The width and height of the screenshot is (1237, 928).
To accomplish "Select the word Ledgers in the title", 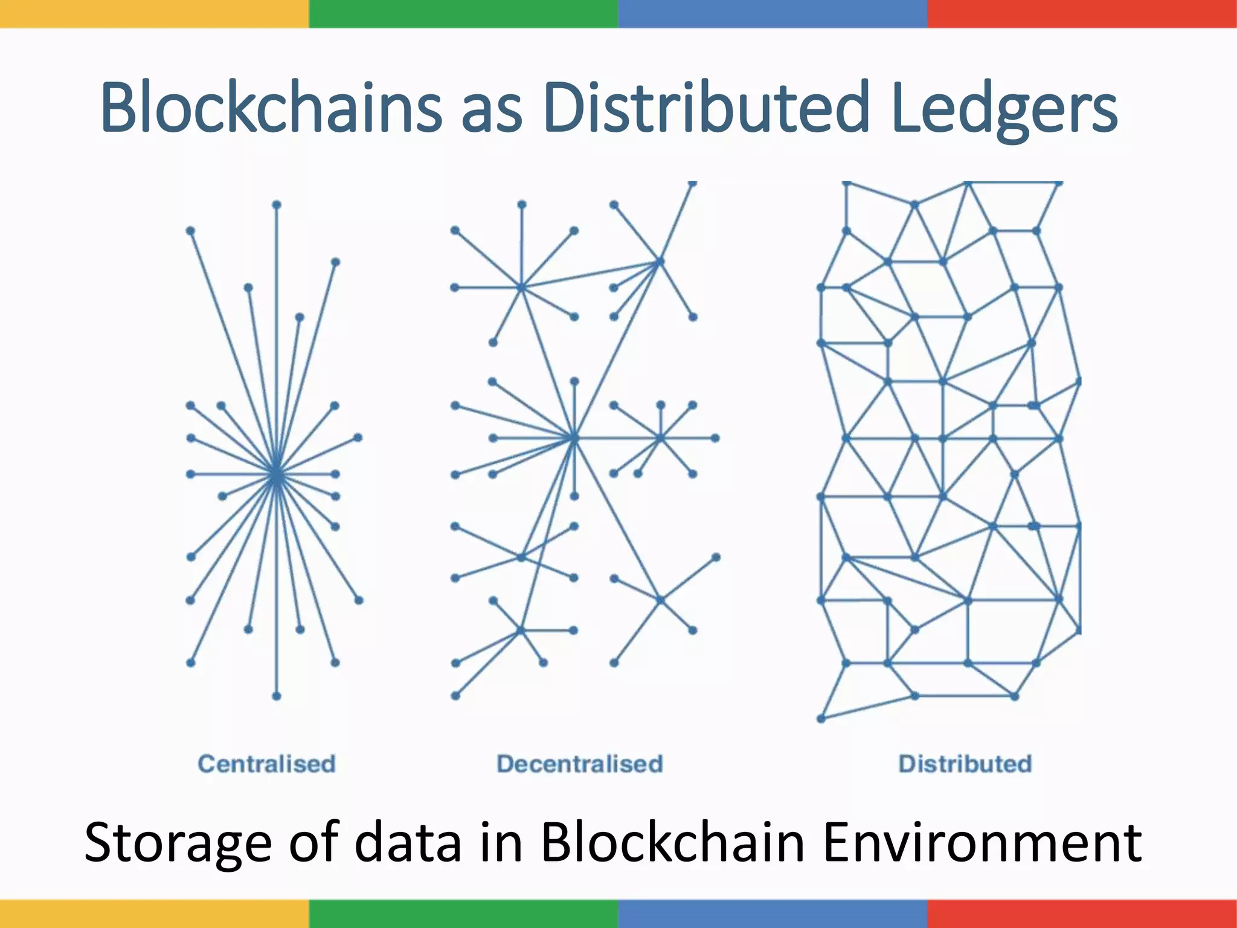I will (x=1003, y=109).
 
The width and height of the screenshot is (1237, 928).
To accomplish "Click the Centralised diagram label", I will (x=266, y=764).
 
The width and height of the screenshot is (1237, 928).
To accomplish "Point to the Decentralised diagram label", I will (x=580, y=764).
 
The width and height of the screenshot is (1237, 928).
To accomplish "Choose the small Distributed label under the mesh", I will (x=965, y=764).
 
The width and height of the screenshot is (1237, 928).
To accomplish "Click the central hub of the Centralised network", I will (x=277, y=474).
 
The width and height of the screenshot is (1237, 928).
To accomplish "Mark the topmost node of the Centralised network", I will (x=277, y=205).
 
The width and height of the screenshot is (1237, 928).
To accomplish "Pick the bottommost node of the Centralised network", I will (x=277, y=696).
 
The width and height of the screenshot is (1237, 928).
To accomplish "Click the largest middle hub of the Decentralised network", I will (x=574, y=437).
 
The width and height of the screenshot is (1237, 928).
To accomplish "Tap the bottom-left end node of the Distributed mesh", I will (x=821, y=718).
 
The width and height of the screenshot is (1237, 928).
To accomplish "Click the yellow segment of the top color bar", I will (x=154, y=13).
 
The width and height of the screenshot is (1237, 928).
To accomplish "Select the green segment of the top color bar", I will (x=463, y=13).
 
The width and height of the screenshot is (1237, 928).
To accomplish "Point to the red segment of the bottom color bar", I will (x=1082, y=913).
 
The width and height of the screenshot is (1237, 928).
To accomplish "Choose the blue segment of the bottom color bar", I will (x=773, y=913).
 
